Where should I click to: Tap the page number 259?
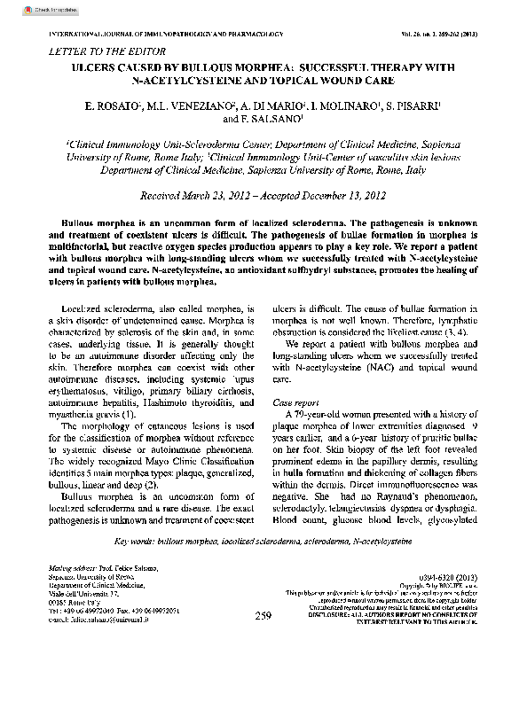pos(263,615)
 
